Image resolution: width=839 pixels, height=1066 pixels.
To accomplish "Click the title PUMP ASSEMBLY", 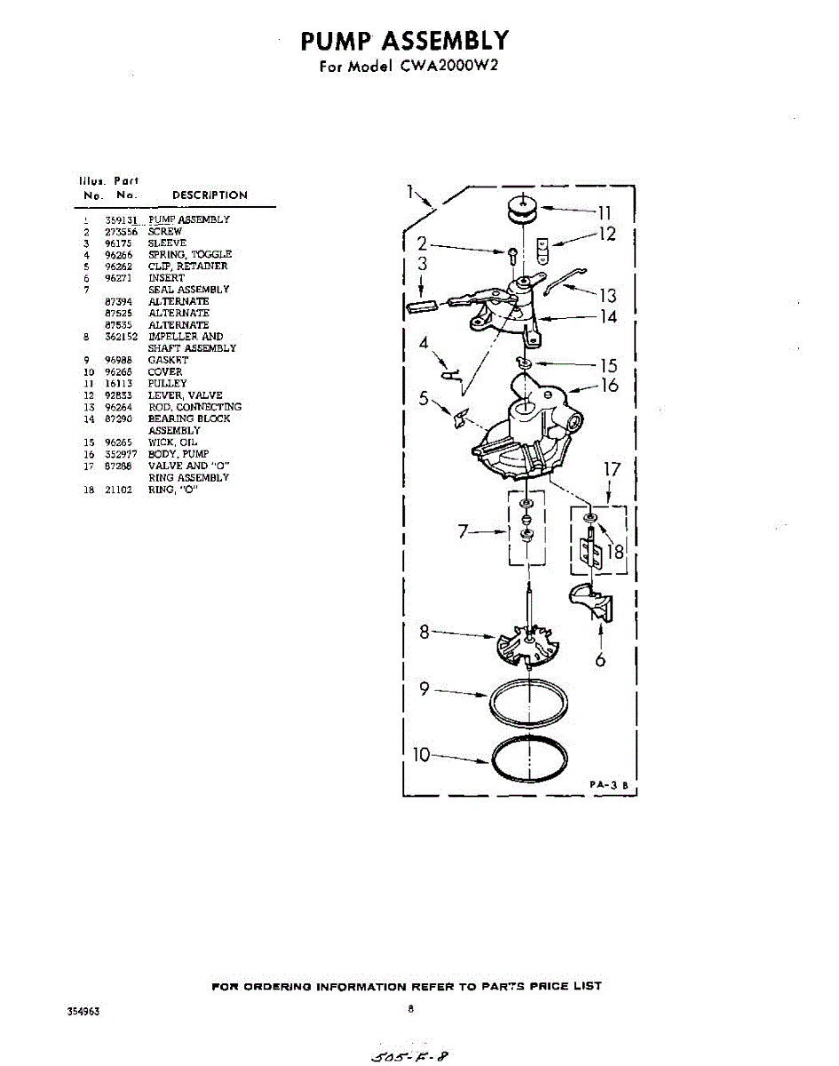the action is click(404, 41).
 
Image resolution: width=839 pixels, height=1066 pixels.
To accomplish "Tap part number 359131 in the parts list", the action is click(120, 219).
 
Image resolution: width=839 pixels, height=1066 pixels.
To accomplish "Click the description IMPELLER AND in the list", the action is click(186, 337).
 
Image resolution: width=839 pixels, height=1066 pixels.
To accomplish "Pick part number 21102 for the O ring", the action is click(118, 489).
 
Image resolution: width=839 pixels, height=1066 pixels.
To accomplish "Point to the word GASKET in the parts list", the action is click(168, 360).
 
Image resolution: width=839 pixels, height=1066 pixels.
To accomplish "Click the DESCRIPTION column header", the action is click(210, 195).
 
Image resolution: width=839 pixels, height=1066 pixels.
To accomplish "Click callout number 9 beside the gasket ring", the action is click(424, 688).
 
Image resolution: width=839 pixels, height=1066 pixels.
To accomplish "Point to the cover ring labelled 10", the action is click(530, 759).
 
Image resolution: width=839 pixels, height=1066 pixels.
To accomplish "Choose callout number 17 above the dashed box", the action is click(613, 469).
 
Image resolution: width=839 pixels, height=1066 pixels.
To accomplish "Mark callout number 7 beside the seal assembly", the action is click(463, 531).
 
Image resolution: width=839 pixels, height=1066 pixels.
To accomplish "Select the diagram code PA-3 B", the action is click(608, 785).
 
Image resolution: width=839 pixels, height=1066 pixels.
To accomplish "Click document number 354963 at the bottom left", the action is click(83, 1012).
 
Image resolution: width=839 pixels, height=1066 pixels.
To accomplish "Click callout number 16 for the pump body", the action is click(608, 386).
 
